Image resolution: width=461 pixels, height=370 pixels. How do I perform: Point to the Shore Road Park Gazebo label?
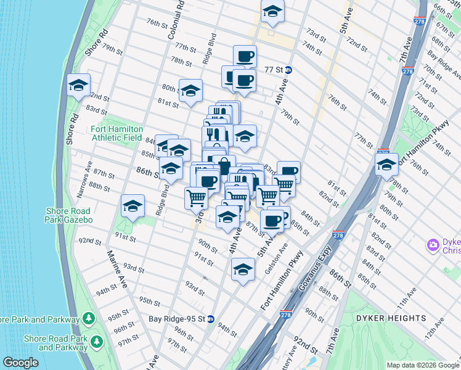tap(69, 215)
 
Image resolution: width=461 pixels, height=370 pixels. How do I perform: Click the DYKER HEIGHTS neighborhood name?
tap(391, 318)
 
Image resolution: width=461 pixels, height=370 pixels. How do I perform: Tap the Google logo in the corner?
tap(20, 363)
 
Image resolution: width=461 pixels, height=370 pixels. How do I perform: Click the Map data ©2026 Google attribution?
tap(422, 365)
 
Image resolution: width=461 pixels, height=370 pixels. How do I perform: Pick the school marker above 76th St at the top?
tap(272, 12)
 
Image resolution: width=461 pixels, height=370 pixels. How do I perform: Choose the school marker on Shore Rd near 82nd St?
tap(79, 86)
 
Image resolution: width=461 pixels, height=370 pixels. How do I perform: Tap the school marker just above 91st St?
tap(133, 207)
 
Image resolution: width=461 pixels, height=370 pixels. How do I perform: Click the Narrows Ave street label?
tap(84, 179)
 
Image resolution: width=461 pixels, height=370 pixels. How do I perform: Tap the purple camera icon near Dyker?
tap(433, 245)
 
